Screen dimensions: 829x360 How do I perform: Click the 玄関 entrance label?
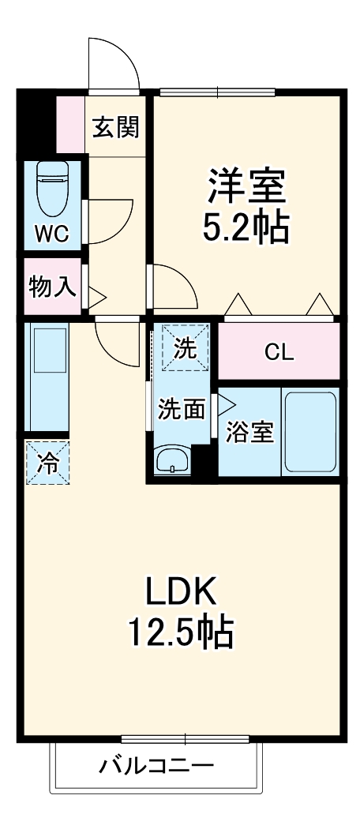pos(116,127)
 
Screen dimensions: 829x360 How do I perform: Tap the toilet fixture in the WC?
pos(53,190)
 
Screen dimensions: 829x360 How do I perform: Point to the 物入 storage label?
pos(52,287)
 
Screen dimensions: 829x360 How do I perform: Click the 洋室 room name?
pos(246,187)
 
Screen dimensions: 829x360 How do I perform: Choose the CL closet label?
pos(279,352)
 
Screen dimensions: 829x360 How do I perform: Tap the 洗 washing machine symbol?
pos(185,348)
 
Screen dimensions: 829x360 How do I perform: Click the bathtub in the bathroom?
pos(310,432)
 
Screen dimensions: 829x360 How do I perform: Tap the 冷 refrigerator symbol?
pos(47,463)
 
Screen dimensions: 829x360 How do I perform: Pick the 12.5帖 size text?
pos(180,631)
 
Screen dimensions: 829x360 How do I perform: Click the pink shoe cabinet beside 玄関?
pos(70,124)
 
